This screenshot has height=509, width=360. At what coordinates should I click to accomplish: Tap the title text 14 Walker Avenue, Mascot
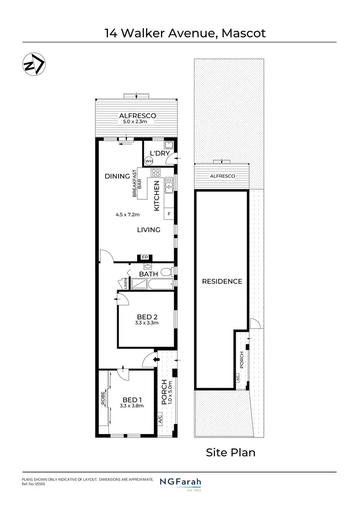coord(185,33)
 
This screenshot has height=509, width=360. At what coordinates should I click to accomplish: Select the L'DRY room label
coord(160,153)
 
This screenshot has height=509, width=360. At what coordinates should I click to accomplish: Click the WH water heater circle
coord(149,161)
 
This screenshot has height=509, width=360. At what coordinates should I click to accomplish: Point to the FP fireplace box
coord(144,258)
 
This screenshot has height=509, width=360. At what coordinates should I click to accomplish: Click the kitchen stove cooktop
coord(156,173)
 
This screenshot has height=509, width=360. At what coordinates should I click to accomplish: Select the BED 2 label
coord(147,316)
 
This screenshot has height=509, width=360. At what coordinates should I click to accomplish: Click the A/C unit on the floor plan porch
coord(160,419)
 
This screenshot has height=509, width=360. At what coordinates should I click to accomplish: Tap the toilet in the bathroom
coord(166,272)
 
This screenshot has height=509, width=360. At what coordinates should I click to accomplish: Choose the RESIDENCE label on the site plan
coord(222,281)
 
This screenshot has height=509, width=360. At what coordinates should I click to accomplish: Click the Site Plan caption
coord(230,452)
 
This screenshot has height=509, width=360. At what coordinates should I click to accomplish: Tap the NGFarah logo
coord(180,482)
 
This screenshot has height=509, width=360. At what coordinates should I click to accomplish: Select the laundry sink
coord(168,145)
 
